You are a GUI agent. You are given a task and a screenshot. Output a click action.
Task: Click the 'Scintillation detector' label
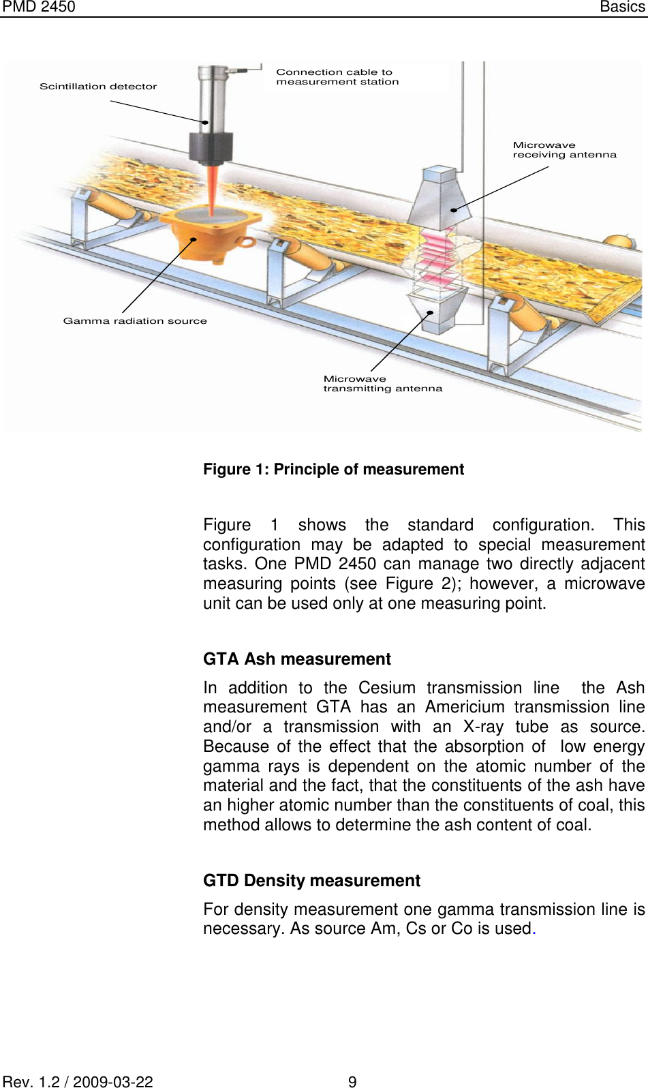[98, 87]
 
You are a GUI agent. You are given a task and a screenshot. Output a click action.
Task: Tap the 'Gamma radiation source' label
[135, 321]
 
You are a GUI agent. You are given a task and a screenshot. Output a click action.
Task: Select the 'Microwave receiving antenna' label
[564, 150]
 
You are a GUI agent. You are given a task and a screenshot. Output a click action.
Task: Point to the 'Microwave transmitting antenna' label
[382, 384]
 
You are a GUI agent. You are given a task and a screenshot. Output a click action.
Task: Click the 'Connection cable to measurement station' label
[337, 77]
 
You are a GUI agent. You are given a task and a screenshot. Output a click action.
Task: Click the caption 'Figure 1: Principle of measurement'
[333, 470]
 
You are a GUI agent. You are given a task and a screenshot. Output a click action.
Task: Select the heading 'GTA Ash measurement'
[296, 659]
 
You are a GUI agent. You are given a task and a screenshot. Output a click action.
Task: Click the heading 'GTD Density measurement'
[311, 881]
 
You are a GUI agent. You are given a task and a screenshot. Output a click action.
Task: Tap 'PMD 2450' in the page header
[39, 7]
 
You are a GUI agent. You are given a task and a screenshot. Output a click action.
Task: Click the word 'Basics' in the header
[622, 7]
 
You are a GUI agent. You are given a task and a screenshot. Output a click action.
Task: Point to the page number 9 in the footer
[352, 1081]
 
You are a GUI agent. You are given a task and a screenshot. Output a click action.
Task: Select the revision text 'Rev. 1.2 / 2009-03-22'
[78, 1081]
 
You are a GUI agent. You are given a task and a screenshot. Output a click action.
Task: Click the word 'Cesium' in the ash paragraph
[386, 688]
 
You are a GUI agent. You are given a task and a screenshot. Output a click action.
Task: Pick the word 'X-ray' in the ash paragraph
[483, 727]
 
